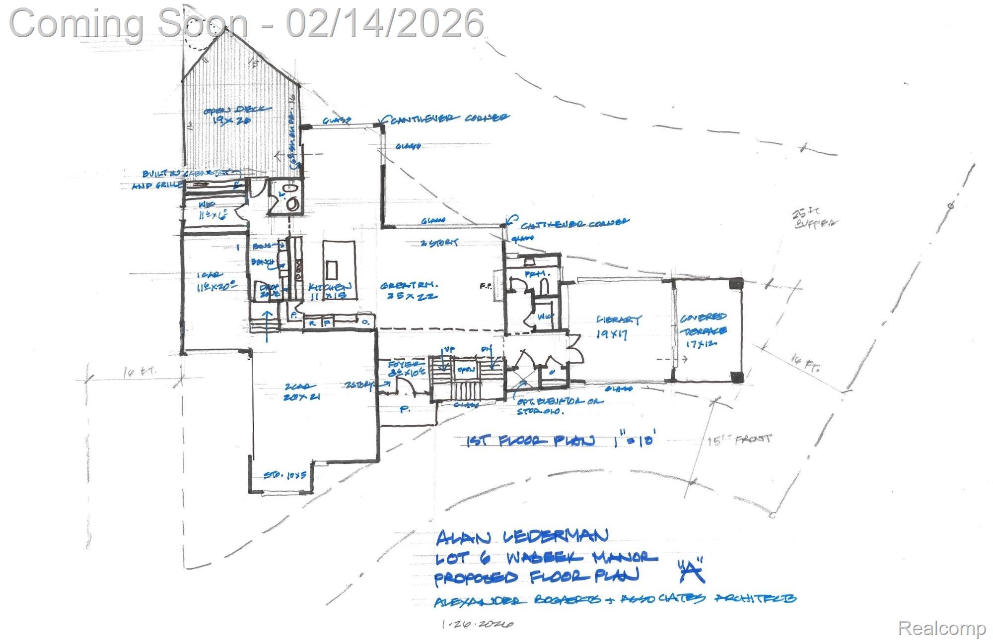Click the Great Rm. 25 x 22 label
tap(409, 291)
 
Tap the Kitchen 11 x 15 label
tap(329, 291)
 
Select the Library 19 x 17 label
tap(618, 326)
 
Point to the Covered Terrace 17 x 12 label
tap(703, 330)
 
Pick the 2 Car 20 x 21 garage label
tap(300, 391)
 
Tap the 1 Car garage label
tap(214, 281)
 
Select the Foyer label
tap(407, 369)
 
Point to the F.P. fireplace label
tap(485, 286)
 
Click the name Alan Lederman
tap(521, 536)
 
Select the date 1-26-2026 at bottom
tap(477, 624)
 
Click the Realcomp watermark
tap(941, 628)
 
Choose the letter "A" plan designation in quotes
tap(691, 572)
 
